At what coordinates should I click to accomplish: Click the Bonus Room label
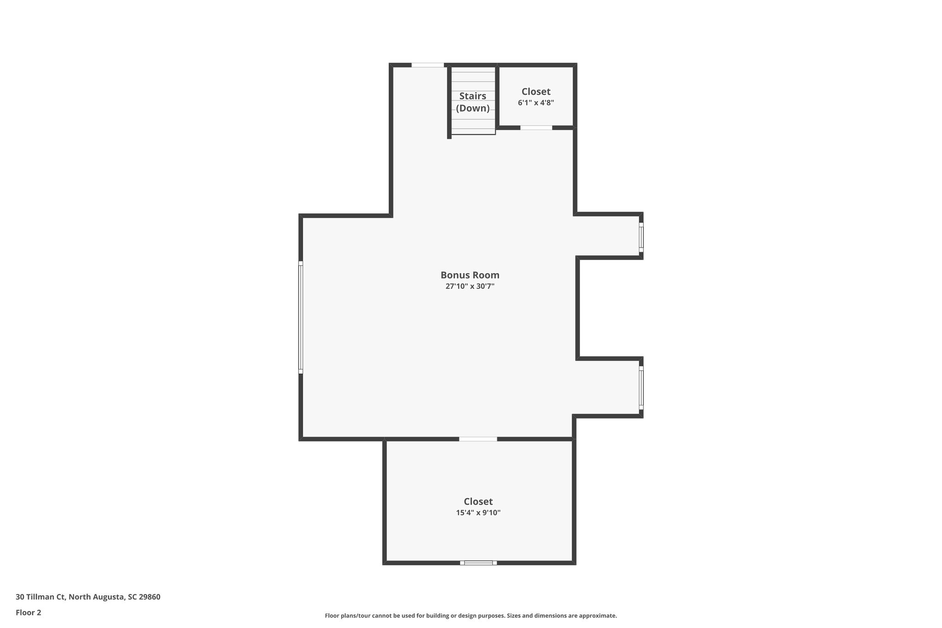coord(470,275)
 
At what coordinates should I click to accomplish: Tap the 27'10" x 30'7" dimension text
coord(470,286)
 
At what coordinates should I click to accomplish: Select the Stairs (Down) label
coord(472,102)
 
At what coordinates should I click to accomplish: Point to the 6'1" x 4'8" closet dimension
coord(536,103)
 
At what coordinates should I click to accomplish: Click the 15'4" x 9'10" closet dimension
coord(478,513)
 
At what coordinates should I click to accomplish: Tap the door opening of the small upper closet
coord(536,127)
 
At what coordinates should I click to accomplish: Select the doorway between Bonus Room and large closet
coord(478,439)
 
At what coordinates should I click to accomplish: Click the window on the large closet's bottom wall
coord(478,562)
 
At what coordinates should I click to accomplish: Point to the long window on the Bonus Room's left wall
coord(300,317)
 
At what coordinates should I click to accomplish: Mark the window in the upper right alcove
coord(641,237)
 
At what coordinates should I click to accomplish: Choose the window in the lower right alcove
coord(641,388)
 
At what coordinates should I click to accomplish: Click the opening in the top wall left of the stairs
coord(427,65)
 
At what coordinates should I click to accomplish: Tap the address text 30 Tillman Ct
coord(40,597)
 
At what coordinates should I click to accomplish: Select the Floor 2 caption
coord(29,612)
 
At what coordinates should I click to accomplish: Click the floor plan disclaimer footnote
coord(471,616)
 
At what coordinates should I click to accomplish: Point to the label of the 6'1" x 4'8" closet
coord(536,92)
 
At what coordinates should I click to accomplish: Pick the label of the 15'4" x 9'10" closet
coord(478,501)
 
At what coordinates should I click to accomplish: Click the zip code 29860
coord(150,597)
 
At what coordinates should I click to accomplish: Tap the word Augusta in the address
coord(108,597)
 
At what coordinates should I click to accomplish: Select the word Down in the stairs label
coord(472,108)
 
